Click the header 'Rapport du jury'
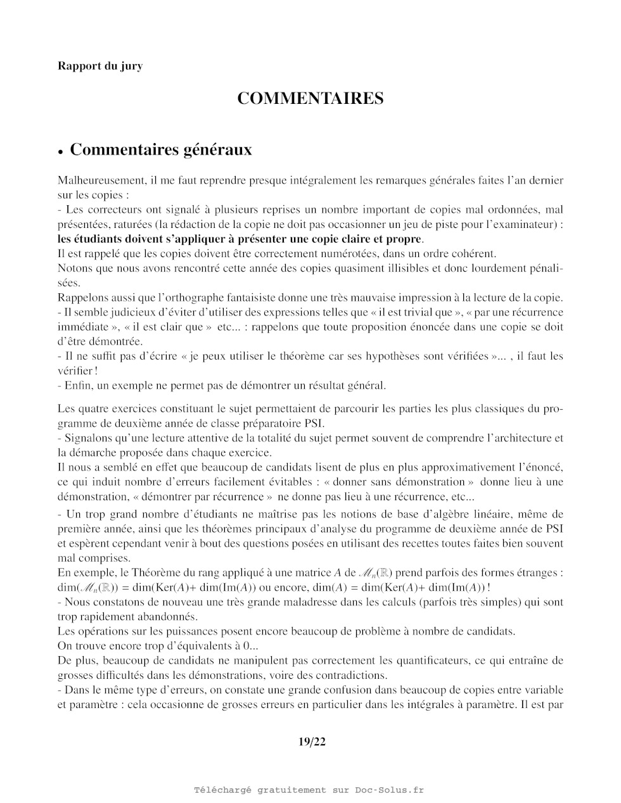tap(99, 66)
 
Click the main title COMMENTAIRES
tap(310, 99)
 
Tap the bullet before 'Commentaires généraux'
tap(61, 152)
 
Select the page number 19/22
tap(312, 742)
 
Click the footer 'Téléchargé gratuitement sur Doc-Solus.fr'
tap(309, 790)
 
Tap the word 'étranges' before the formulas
tap(538, 572)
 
